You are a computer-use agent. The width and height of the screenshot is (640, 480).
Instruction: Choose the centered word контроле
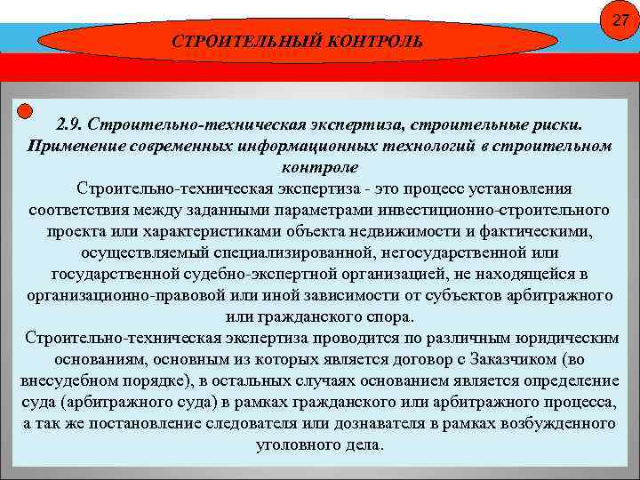coord(319,167)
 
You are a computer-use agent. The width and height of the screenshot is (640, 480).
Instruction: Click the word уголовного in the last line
coord(294,444)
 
